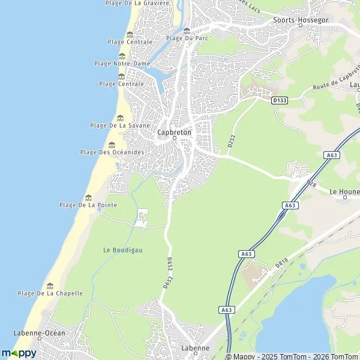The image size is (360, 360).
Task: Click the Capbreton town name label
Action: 174,133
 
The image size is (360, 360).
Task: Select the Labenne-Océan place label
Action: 39,332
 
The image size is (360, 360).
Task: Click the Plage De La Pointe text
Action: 88,205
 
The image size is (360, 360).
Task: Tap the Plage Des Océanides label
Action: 112,152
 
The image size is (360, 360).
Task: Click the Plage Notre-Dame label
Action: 122,63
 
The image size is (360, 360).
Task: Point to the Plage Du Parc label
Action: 187,38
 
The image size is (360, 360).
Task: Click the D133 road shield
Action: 280,100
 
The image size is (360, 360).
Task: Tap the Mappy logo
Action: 19,353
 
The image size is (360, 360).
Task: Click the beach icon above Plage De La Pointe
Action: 89,197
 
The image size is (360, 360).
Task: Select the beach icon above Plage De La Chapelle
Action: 50,286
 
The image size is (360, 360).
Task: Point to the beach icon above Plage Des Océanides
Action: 112,145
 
